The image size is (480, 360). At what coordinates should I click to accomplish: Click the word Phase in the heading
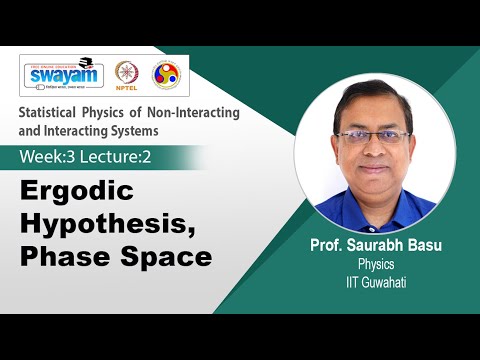click(x=62, y=256)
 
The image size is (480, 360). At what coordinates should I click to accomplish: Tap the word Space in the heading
click(x=165, y=256)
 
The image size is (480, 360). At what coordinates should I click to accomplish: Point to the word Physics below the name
click(x=378, y=265)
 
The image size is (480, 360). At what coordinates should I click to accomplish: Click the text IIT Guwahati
click(x=378, y=281)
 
